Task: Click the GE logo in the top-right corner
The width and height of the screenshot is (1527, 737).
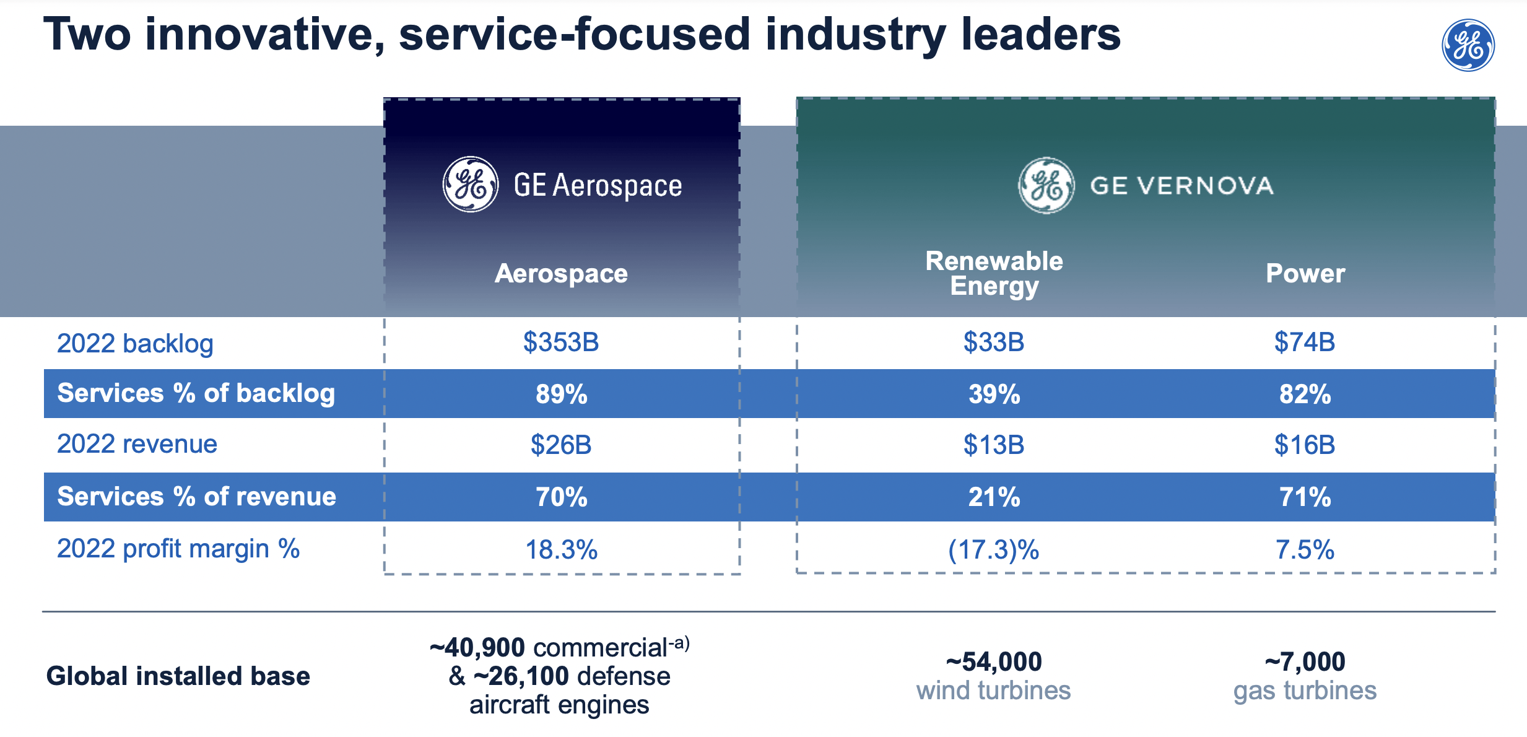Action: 1468,45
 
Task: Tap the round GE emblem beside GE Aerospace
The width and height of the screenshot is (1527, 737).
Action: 471,185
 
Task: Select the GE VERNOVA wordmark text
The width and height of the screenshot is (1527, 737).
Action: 1181,186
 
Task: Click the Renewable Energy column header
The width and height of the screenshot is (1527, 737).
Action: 994,273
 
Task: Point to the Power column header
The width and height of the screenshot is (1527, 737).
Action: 1305,273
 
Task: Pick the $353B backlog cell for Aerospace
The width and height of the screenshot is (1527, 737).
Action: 561,342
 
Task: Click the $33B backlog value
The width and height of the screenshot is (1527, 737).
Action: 994,342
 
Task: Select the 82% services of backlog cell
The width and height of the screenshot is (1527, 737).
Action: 1305,394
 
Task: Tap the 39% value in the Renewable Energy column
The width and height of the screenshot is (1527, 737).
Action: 994,394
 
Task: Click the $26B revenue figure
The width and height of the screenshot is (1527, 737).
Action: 561,445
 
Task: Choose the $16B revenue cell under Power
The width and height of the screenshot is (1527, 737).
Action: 1305,445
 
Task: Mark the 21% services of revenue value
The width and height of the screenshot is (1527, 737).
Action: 994,497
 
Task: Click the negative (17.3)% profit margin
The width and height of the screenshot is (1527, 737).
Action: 994,549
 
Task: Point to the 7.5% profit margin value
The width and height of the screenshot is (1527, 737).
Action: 1305,549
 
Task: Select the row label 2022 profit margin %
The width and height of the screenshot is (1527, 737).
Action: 178,549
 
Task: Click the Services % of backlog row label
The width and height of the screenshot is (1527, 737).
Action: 196,393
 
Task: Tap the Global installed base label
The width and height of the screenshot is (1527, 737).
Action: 178,676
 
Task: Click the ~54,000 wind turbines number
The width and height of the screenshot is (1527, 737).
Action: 994,661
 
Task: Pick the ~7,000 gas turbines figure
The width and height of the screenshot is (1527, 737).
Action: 1305,661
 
